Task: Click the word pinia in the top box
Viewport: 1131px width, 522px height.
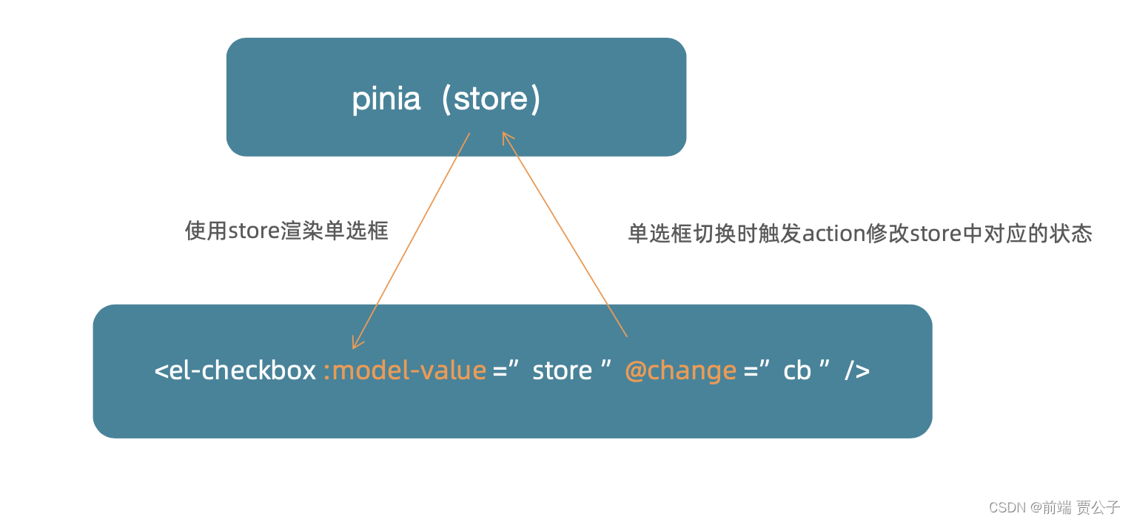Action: click(x=386, y=99)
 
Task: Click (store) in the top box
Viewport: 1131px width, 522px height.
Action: click(x=491, y=99)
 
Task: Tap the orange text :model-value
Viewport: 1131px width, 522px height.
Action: click(x=405, y=370)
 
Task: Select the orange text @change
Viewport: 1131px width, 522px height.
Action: click(x=681, y=370)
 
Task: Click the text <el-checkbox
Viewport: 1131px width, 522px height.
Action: click(x=235, y=370)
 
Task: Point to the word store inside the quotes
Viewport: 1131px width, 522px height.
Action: click(x=562, y=370)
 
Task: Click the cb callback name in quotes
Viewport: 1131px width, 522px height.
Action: click(x=797, y=370)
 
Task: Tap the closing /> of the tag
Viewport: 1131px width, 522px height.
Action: click(x=857, y=370)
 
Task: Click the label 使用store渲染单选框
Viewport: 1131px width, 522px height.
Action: click(x=286, y=231)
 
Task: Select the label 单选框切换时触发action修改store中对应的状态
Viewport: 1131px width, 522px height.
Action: click(x=860, y=234)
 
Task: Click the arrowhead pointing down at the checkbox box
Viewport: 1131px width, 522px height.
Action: click(x=356, y=342)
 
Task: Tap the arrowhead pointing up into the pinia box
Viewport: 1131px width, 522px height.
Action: click(x=506, y=138)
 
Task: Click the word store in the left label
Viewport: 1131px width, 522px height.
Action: click(x=253, y=231)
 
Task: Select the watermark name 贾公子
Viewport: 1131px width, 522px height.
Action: click(x=1098, y=507)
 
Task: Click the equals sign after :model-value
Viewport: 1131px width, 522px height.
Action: click(x=501, y=370)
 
